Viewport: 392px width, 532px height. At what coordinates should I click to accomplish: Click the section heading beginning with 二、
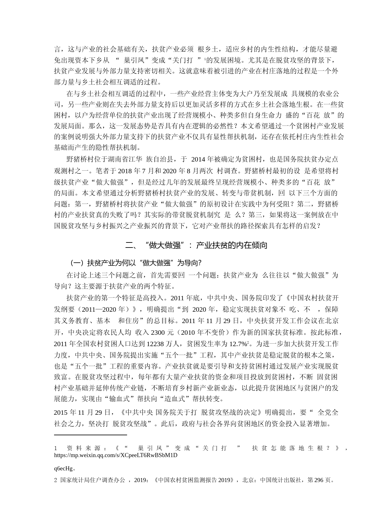click(196, 245)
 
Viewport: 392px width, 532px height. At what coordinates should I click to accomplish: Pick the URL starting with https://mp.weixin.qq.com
click(116, 455)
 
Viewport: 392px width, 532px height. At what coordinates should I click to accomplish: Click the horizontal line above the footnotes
click(90, 435)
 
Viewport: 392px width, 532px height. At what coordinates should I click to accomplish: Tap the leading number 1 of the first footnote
click(56, 448)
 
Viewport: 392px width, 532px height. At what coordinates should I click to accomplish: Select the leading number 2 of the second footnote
click(56, 480)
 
